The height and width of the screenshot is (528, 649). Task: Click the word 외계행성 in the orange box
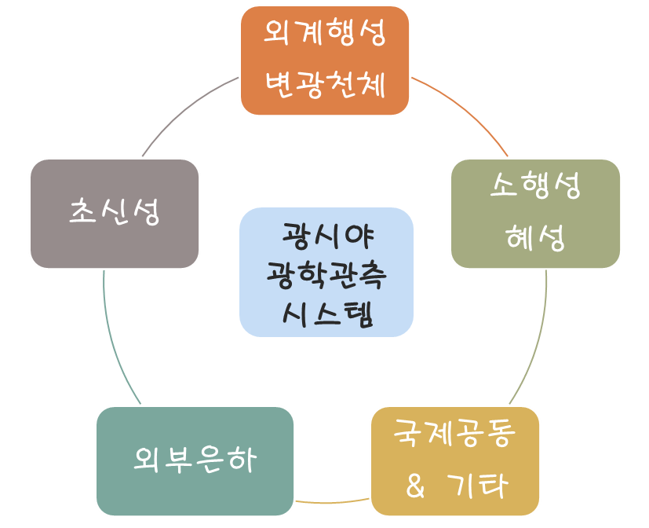[x=325, y=33]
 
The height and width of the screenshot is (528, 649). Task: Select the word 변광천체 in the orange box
[x=325, y=85]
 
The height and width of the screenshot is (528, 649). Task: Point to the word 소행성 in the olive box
[x=535, y=185]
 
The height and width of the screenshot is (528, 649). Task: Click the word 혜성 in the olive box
[x=535, y=237]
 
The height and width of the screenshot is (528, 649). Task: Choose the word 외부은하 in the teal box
[x=195, y=460]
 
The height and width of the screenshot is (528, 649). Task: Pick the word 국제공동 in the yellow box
[x=454, y=433]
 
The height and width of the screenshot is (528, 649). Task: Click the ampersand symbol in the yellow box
[x=415, y=486]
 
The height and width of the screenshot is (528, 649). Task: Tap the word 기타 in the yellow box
[x=477, y=486]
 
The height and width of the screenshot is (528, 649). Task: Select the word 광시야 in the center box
[x=328, y=236]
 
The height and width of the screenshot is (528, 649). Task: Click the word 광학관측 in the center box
[x=326, y=275]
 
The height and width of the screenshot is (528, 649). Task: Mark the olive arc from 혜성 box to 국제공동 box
[x=537, y=341]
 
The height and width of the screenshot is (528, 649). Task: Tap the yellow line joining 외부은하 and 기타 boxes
[x=332, y=502]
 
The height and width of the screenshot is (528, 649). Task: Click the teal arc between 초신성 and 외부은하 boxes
[x=114, y=341]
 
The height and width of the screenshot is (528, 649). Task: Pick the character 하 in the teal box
[x=242, y=460]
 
